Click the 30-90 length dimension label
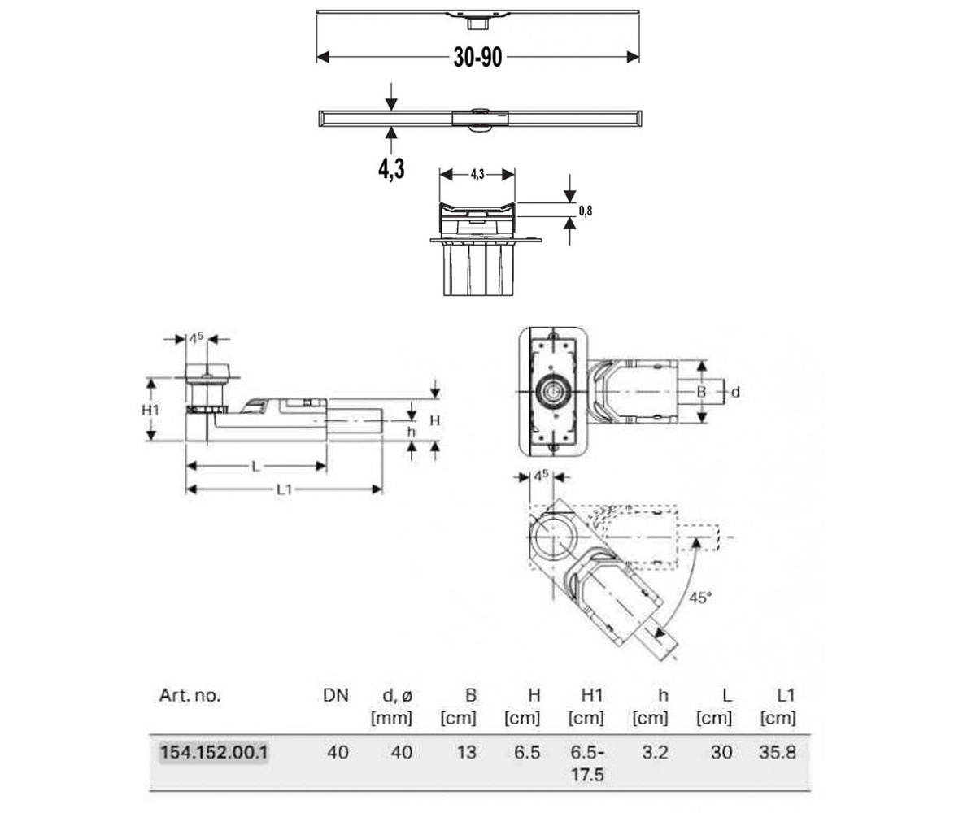(477, 58)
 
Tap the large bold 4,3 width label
(391, 168)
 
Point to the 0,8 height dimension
(586, 211)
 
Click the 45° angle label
(700, 598)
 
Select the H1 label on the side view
(150, 410)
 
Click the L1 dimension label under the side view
(284, 489)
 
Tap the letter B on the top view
(701, 392)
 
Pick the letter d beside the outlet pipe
(734, 392)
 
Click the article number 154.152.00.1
(214, 752)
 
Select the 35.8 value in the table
(778, 752)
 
